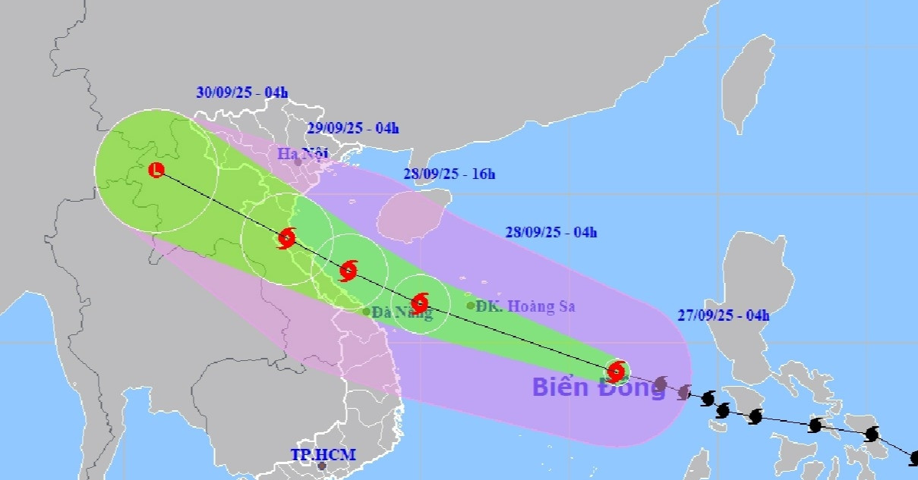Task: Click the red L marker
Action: (x=156, y=170)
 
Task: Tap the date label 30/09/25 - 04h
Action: (x=241, y=93)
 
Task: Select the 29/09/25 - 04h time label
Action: (x=352, y=127)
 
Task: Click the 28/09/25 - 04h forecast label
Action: (x=550, y=232)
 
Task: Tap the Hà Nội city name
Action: (x=301, y=153)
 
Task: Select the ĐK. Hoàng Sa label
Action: (x=525, y=306)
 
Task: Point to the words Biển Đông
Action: (x=598, y=387)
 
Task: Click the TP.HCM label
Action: (x=323, y=454)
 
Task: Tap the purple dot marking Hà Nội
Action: (x=298, y=162)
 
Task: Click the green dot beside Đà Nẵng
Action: (x=366, y=311)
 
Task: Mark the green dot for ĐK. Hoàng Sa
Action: (x=471, y=306)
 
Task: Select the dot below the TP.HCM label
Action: (x=322, y=466)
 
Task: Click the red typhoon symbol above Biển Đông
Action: (x=617, y=371)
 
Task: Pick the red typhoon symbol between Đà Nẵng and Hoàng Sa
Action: (x=420, y=303)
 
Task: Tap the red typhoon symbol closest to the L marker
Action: (x=286, y=238)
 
